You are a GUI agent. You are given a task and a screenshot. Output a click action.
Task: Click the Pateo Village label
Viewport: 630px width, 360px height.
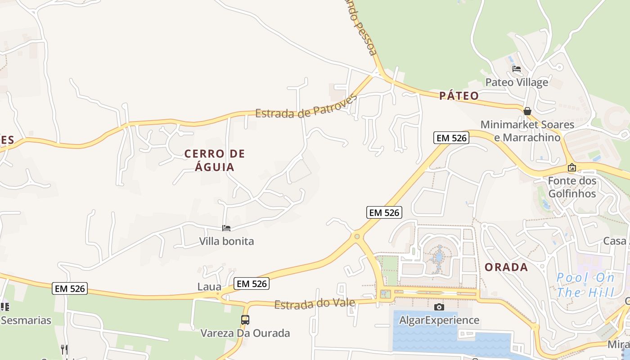(x=517, y=82)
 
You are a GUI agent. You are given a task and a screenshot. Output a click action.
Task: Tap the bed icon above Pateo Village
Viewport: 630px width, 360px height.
(x=517, y=69)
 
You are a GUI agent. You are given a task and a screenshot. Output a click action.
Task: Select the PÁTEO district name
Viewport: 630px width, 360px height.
(x=459, y=96)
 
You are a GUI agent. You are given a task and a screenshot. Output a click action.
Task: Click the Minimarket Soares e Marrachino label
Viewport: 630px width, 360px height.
(x=527, y=131)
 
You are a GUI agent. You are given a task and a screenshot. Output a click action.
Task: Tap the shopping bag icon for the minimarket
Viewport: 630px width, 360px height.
(x=527, y=111)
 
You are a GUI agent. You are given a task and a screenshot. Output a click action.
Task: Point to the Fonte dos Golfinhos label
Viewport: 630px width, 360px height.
(x=572, y=187)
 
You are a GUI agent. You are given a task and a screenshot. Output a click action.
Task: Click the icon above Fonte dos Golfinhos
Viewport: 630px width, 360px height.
(x=572, y=167)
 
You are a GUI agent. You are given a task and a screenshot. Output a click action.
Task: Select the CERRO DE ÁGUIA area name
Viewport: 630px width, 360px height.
(x=215, y=160)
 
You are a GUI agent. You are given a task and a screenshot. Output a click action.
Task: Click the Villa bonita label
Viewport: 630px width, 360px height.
(x=226, y=241)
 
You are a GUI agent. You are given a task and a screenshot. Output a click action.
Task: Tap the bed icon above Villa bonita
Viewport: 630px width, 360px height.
(x=226, y=228)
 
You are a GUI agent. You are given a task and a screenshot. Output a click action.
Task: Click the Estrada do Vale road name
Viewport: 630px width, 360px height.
(x=315, y=304)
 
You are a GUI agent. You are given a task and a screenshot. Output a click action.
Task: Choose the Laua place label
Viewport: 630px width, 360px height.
(x=209, y=287)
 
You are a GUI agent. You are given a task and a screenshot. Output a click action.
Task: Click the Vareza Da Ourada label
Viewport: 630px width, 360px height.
(x=245, y=333)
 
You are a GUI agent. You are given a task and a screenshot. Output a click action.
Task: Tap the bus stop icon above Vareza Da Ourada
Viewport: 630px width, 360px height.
(x=245, y=320)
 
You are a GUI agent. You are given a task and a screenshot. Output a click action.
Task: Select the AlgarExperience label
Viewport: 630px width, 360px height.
(x=439, y=320)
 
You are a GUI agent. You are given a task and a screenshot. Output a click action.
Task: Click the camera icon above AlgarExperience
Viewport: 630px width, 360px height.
(x=439, y=307)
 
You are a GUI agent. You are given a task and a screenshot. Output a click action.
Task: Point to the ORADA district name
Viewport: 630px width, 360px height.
(x=506, y=267)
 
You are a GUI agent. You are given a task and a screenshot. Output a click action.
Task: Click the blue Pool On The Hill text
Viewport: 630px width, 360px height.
(x=585, y=285)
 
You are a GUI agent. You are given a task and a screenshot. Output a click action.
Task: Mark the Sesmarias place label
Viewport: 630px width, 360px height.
(x=26, y=320)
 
